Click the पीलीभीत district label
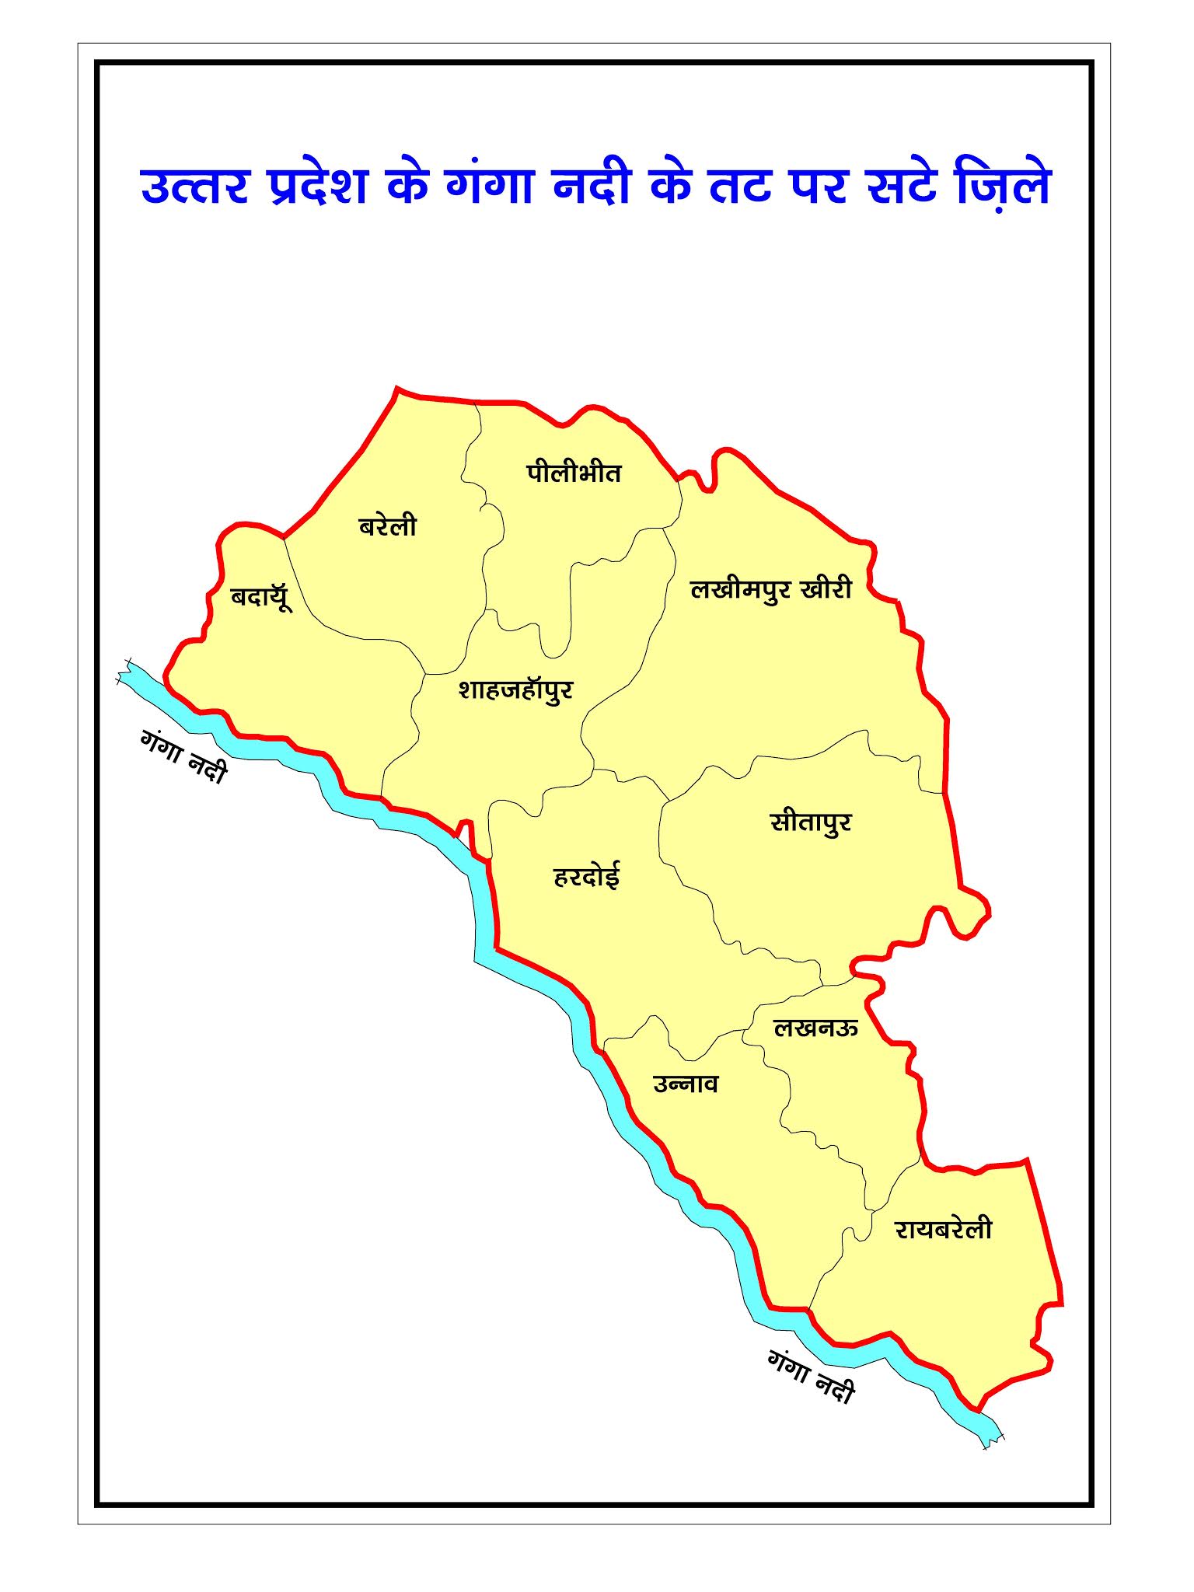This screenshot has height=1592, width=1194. [574, 473]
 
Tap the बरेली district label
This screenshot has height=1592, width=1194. [387, 526]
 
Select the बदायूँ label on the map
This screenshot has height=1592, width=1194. [261, 597]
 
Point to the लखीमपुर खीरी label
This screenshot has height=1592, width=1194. [770, 589]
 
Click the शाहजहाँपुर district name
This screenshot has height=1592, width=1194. [515, 689]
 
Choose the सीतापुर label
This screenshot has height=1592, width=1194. [811, 822]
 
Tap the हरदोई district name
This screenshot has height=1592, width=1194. [586, 876]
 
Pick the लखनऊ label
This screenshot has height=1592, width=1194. [815, 1028]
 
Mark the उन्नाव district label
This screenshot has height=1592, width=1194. [686, 1084]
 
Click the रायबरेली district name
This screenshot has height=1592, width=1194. [943, 1229]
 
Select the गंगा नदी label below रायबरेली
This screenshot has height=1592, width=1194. [811, 1377]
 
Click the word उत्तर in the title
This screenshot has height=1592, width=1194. [194, 187]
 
